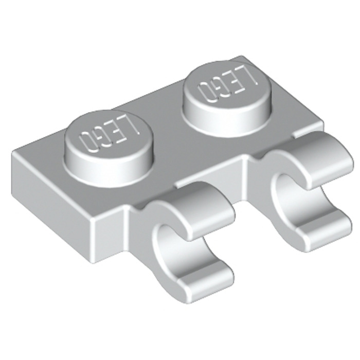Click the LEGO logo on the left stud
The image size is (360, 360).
(107, 135)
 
